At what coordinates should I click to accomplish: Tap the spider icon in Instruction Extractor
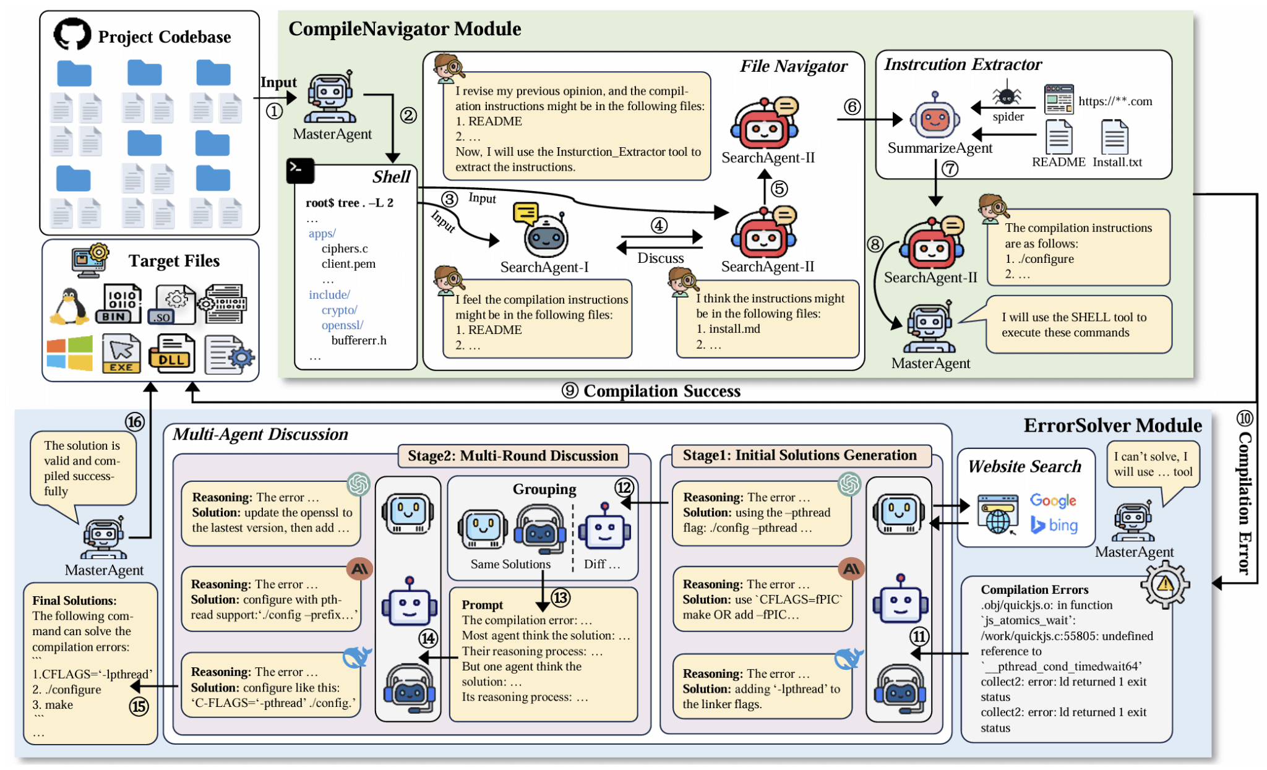(x=1007, y=95)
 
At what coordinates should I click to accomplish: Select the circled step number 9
(x=570, y=391)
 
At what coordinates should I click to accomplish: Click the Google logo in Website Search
(x=1053, y=500)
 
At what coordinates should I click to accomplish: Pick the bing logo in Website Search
(x=1054, y=525)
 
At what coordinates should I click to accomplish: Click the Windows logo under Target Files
(x=69, y=353)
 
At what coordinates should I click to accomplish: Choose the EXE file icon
(x=122, y=354)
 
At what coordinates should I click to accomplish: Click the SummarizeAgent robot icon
(x=934, y=118)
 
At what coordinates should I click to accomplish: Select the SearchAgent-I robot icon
(x=545, y=235)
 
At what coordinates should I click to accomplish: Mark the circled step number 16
(x=135, y=422)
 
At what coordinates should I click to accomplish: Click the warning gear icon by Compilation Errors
(x=1164, y=584)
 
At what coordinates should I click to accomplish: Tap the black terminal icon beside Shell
(x=300, y=170)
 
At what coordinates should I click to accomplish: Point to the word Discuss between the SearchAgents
(x=661, y=258)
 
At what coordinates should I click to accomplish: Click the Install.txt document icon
(x=1115, y=137)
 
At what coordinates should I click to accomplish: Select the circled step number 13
(x=560, y=597)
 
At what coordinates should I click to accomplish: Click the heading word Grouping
(x=544, y=489)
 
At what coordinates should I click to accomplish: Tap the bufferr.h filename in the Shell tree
(x=359, y=340)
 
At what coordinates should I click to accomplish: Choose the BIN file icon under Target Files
(x=118, y=304)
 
